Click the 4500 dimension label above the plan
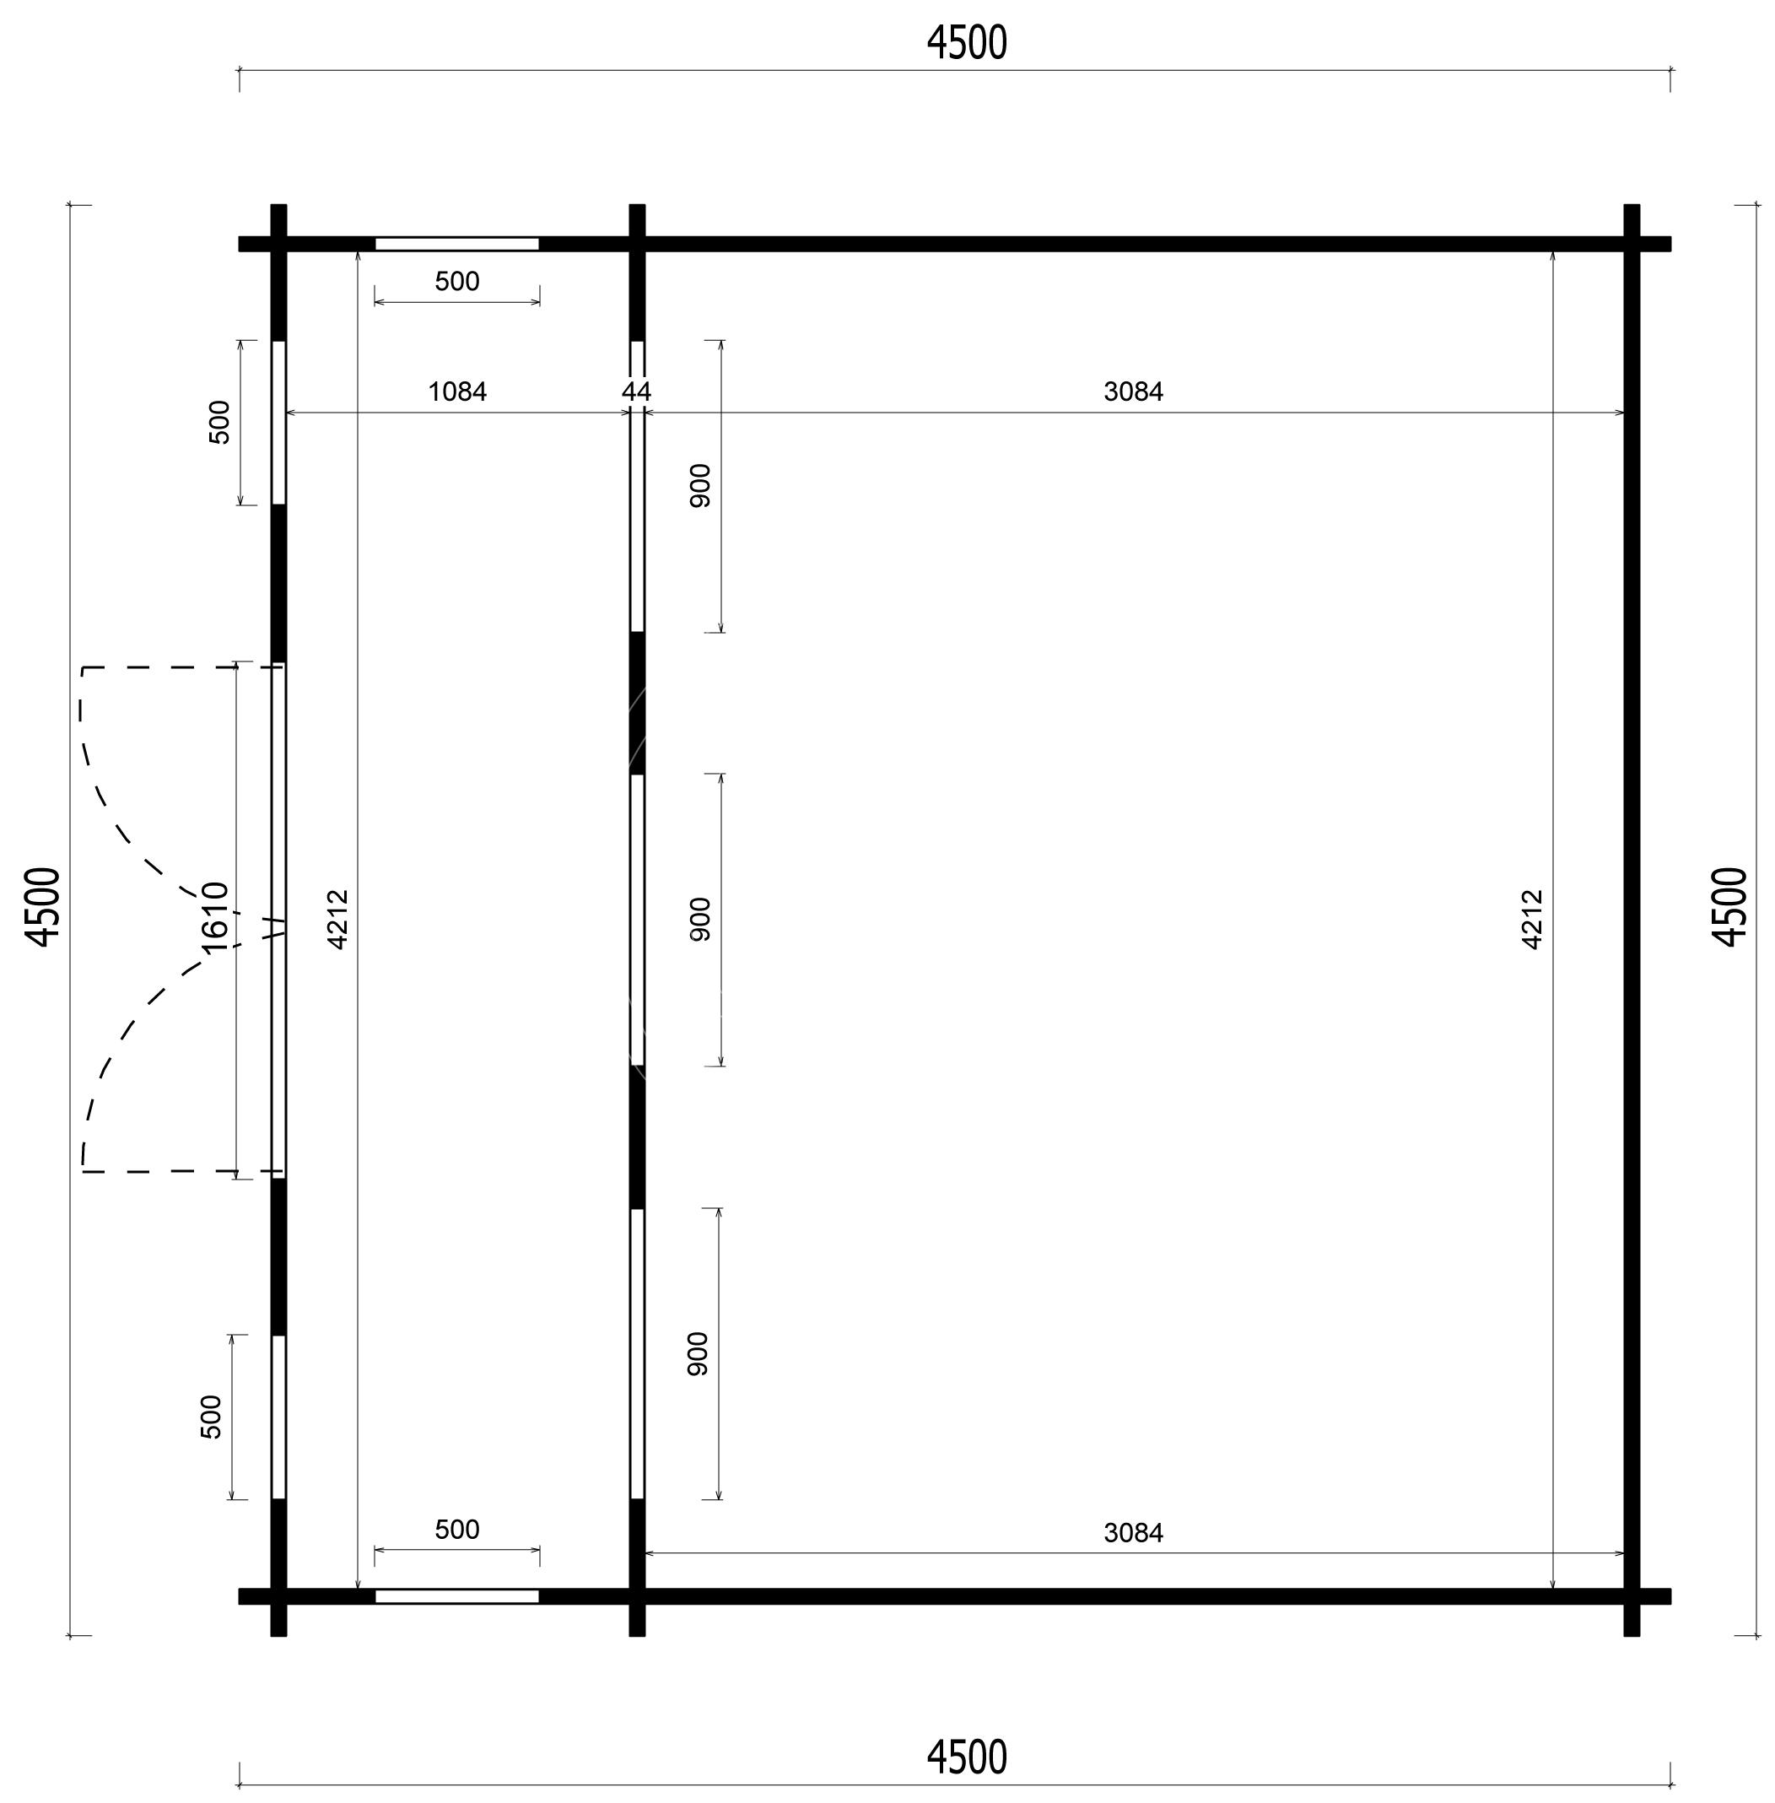(967, 43)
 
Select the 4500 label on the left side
(44, 907)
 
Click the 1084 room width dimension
(456, 391)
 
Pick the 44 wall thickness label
(637, 391)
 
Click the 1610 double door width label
(215, 917)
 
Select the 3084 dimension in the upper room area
(1134, 391)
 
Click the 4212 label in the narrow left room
(338, 920)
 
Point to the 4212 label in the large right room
(1533, 920)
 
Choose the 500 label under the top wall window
(456, 282)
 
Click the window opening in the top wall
(456, 245)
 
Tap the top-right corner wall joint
(1632, 245)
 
